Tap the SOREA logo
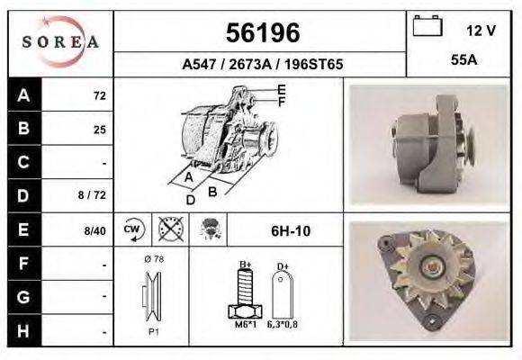pos(60,42)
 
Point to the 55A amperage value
pos(464,63)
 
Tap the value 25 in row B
pos(99,130)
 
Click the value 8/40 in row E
pos(94,230)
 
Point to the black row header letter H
pos(24,329)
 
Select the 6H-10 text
pos(291,230)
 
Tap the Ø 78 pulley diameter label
pos(152,259)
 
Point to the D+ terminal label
pos(282,266)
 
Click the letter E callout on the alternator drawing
pos(282,89)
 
